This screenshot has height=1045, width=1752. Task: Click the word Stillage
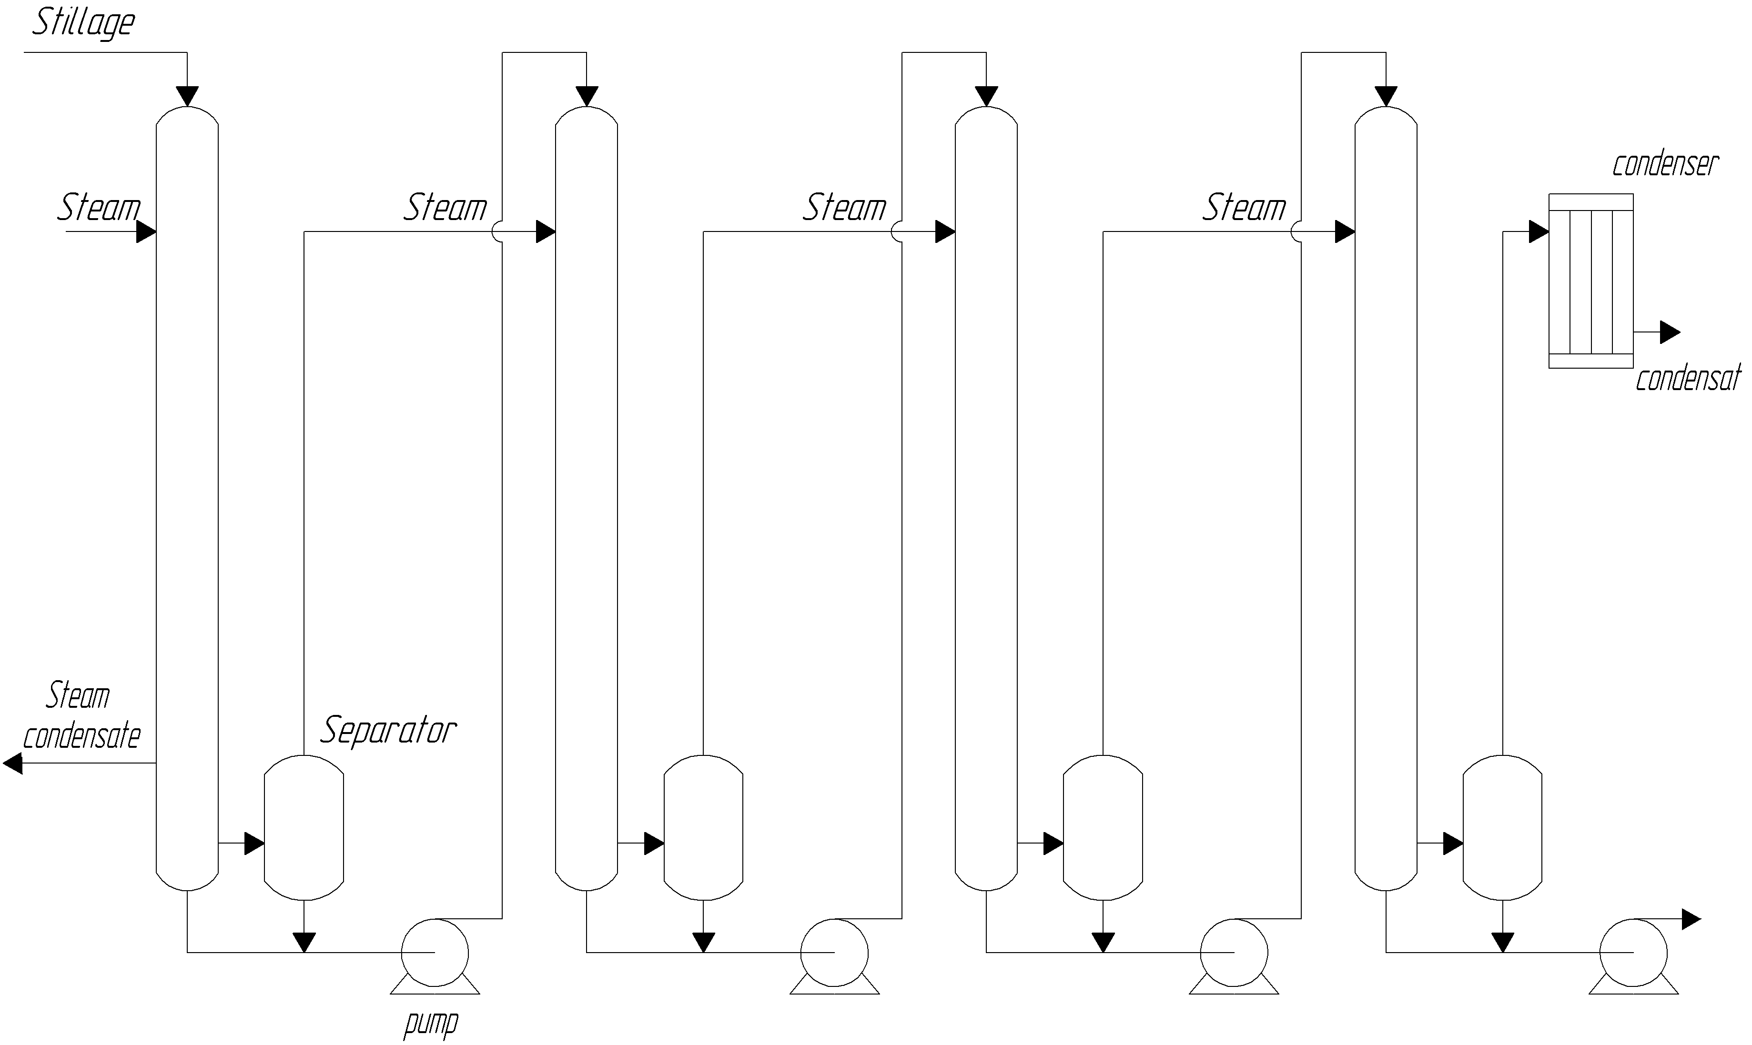(x=83, y=22)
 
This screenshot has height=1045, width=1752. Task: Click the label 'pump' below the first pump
(x=431, y=1023)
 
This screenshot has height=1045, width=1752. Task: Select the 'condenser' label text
(x=1665, y=165)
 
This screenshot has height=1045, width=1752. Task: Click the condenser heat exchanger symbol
(x=1590, y=281)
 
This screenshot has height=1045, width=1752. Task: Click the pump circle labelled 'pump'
(x=435, y=953)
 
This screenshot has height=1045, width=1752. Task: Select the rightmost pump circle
(x=1633, y=953)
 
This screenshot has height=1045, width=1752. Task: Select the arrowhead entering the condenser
(x=1539, y=231)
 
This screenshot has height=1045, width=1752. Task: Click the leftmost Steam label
(x=99, y=208)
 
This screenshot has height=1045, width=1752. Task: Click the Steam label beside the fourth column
(x=1244, y=208)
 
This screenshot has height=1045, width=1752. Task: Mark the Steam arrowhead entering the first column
(x=146, y=231)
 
